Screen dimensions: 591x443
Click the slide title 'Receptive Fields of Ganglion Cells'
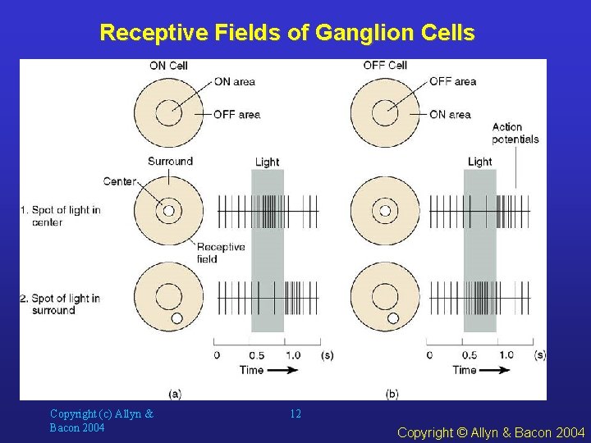tap(286, 33)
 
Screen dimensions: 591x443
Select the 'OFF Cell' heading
tap(385, 66)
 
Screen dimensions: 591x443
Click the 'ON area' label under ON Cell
tap(235, 81)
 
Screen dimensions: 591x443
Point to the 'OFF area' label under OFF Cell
tap(452, 81)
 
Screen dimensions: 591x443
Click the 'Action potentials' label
tap(515, 133)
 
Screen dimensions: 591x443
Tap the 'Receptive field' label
tap(220, 253)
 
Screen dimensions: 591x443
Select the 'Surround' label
tap(170, 161)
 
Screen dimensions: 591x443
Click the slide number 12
tap(295, 414)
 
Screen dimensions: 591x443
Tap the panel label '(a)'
tap(175, 394)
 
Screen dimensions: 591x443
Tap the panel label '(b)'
tap(392, 394)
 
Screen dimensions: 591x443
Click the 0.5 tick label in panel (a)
tap(256, 355)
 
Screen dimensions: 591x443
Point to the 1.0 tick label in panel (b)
tap(506, 355)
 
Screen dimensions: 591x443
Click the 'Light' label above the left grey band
tap(267, 162)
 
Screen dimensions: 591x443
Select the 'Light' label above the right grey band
tap(479, 162)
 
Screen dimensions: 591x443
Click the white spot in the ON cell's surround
tap(176, 317)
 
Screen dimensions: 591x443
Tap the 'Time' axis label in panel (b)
tap(465, 370)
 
